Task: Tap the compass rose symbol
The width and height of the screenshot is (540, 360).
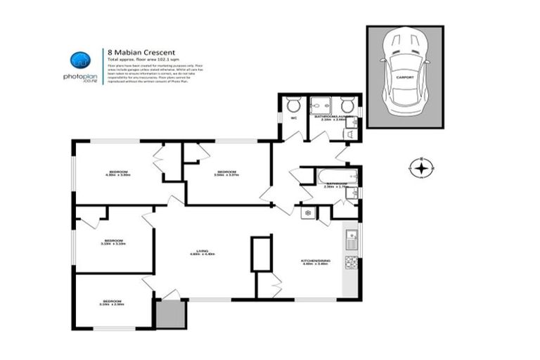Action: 420,168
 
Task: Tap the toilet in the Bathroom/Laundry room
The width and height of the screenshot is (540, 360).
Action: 347,105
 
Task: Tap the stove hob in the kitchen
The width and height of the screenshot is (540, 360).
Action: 352,263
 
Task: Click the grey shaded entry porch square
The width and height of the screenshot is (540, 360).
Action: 170,314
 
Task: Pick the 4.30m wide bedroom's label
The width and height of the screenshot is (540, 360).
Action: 119,172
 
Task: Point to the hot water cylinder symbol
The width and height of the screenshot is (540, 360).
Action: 307,212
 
